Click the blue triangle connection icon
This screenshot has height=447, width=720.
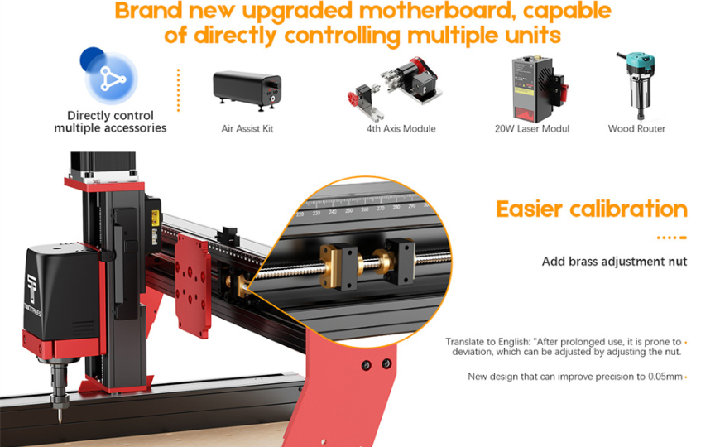112,78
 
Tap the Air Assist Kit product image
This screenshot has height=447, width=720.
247,91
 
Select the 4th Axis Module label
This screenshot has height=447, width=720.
401,129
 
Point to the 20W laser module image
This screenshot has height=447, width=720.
539,89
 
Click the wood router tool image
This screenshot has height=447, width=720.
636,85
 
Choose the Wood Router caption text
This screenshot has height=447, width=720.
636,129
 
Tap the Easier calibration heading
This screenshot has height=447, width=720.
592,209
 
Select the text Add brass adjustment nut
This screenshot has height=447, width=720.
614,262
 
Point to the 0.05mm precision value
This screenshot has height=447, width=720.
665,377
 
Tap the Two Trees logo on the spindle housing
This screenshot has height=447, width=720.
33,294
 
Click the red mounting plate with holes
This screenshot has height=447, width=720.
193,286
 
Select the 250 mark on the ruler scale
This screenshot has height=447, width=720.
349,211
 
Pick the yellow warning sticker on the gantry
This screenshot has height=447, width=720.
156,219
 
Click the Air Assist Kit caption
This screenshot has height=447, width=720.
247,129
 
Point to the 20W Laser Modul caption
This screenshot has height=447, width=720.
532,129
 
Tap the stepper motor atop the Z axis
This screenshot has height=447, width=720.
103,166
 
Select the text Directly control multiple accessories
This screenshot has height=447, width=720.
110,122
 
